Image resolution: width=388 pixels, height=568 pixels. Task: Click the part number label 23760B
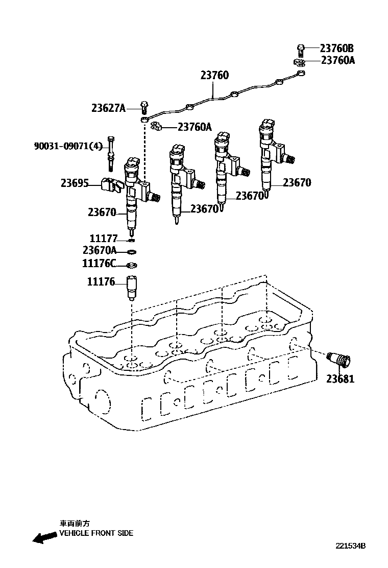click(x=336, y=49)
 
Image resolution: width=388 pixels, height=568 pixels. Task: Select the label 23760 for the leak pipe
click(x=214, y=76)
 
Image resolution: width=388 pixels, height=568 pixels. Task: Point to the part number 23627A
click(x=108, y=108)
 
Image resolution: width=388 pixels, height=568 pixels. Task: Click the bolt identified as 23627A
click(x=144, y=107)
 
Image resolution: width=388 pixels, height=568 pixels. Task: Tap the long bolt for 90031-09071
click(x=111, y=154)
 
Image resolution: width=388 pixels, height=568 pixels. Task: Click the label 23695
click(x=75, y=183)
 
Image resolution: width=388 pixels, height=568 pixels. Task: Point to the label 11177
click(x=104, y=239)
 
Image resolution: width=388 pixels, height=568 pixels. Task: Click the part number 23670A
click(x=100, y=250)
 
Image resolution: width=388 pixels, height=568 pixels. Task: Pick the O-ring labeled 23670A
click(x=131, y=251)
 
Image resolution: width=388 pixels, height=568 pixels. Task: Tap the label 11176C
click(x=99, y=264)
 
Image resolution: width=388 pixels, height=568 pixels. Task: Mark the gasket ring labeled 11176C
click(x=131, y=265)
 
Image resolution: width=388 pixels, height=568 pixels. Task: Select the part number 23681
click(x=341, y=379)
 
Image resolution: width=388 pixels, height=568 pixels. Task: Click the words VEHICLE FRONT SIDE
click(x=96, y=533)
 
